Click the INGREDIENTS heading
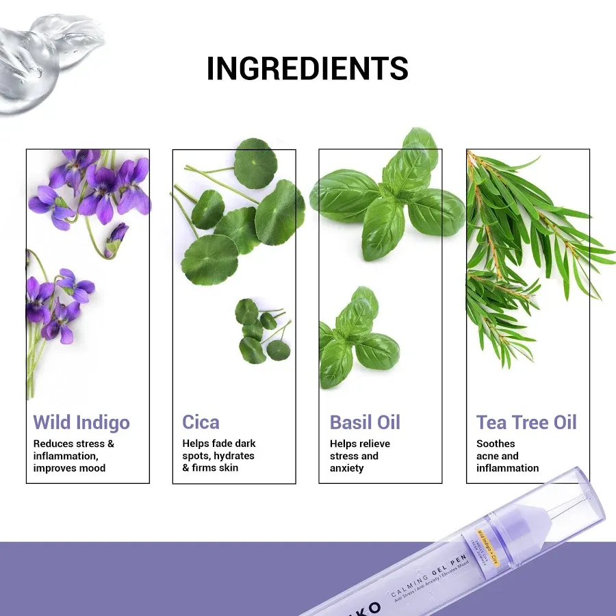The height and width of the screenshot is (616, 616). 307,68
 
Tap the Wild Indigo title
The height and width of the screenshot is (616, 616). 81,422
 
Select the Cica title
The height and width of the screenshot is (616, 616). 201,422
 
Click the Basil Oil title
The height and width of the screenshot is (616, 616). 365,422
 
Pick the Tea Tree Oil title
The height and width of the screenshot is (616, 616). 526,422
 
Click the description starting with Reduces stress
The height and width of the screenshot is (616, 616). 74,456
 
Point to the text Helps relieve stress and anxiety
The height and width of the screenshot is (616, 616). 359,456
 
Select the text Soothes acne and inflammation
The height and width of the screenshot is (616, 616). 507,456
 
